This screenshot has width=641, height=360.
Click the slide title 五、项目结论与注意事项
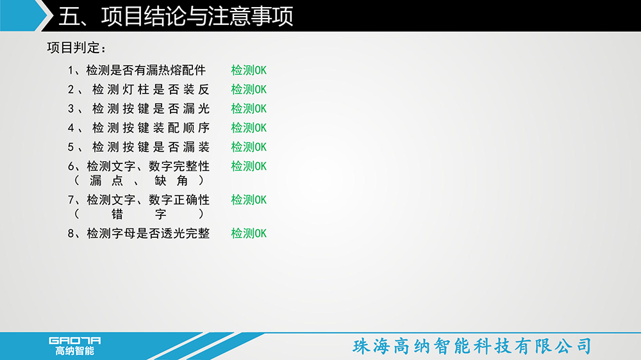pyautogui.click(x=176, y=17)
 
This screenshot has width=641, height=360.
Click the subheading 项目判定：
pyautogui.click(x=77, y=48)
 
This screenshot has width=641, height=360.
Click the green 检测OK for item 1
pyautogui.click(x=249, y=70)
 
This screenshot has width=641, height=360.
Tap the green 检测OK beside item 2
pyautogui.click(x=249, y=90)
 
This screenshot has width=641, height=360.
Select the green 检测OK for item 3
pyautogui.click(x=249, y=109)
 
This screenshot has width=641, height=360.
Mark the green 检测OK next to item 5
pyautogui.click(x=249, y=147)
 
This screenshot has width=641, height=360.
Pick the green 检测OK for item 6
pyautogui.click(x=249, y=167)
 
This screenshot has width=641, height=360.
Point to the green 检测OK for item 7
pyautogui.click(x=249, y=200)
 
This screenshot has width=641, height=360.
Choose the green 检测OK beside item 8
pyautogui.click(x=249, y=233)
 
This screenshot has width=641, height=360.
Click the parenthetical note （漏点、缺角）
pyautogui.click(x=139, y=181)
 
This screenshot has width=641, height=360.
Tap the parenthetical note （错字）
pyautogui.click(x=139, y=214)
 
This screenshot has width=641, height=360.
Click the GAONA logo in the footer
pyautogui.click(x=75, y=346)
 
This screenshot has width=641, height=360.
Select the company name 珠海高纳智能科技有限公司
pyautogui.click(x=472, y=346)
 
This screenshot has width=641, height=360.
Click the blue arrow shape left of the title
pyautogui.click(x=24, y=15)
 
